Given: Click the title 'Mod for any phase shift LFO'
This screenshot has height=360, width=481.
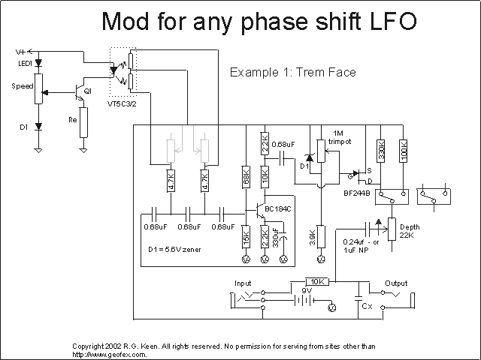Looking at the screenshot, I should pos(259,22).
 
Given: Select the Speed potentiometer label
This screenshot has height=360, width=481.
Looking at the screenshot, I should pos(22,86).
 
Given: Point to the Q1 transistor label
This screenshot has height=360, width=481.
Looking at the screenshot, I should pos(89,90).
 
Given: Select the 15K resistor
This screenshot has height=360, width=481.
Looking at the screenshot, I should pos(246,238).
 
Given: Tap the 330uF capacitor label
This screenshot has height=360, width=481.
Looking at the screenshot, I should pos(276,238).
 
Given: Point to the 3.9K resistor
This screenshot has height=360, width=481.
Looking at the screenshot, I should pos(322,236).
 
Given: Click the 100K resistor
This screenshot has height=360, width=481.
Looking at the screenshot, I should pos(404,150).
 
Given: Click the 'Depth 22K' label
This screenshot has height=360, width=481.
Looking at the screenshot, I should pos(410,231).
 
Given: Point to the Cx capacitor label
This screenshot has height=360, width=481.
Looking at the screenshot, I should pos(367,307).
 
